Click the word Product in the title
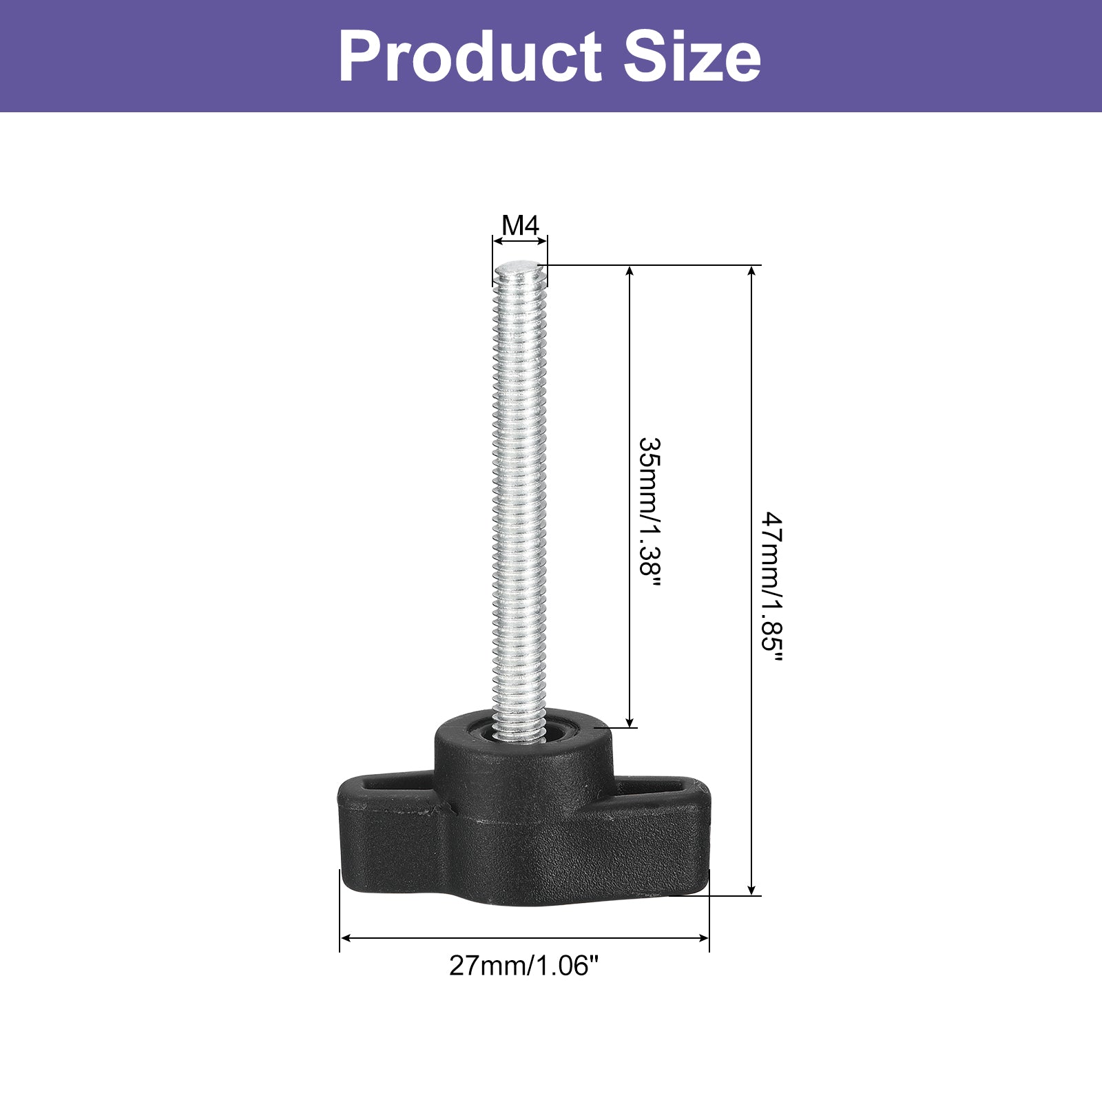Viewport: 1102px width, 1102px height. tap(471, 56)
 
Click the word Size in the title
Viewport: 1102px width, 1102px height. tap(692, 56)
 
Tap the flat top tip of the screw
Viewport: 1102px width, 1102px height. tap(520, 265)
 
